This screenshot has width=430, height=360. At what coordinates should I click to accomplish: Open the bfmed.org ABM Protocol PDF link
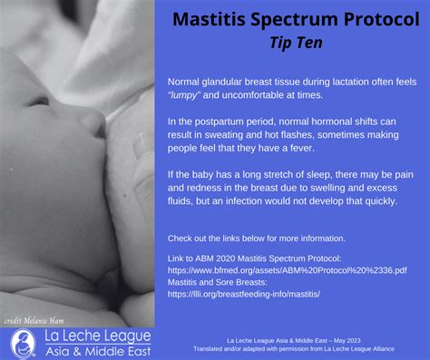tap(288, 270)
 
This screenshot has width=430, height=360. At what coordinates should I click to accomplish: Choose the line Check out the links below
tap(257, 238)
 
